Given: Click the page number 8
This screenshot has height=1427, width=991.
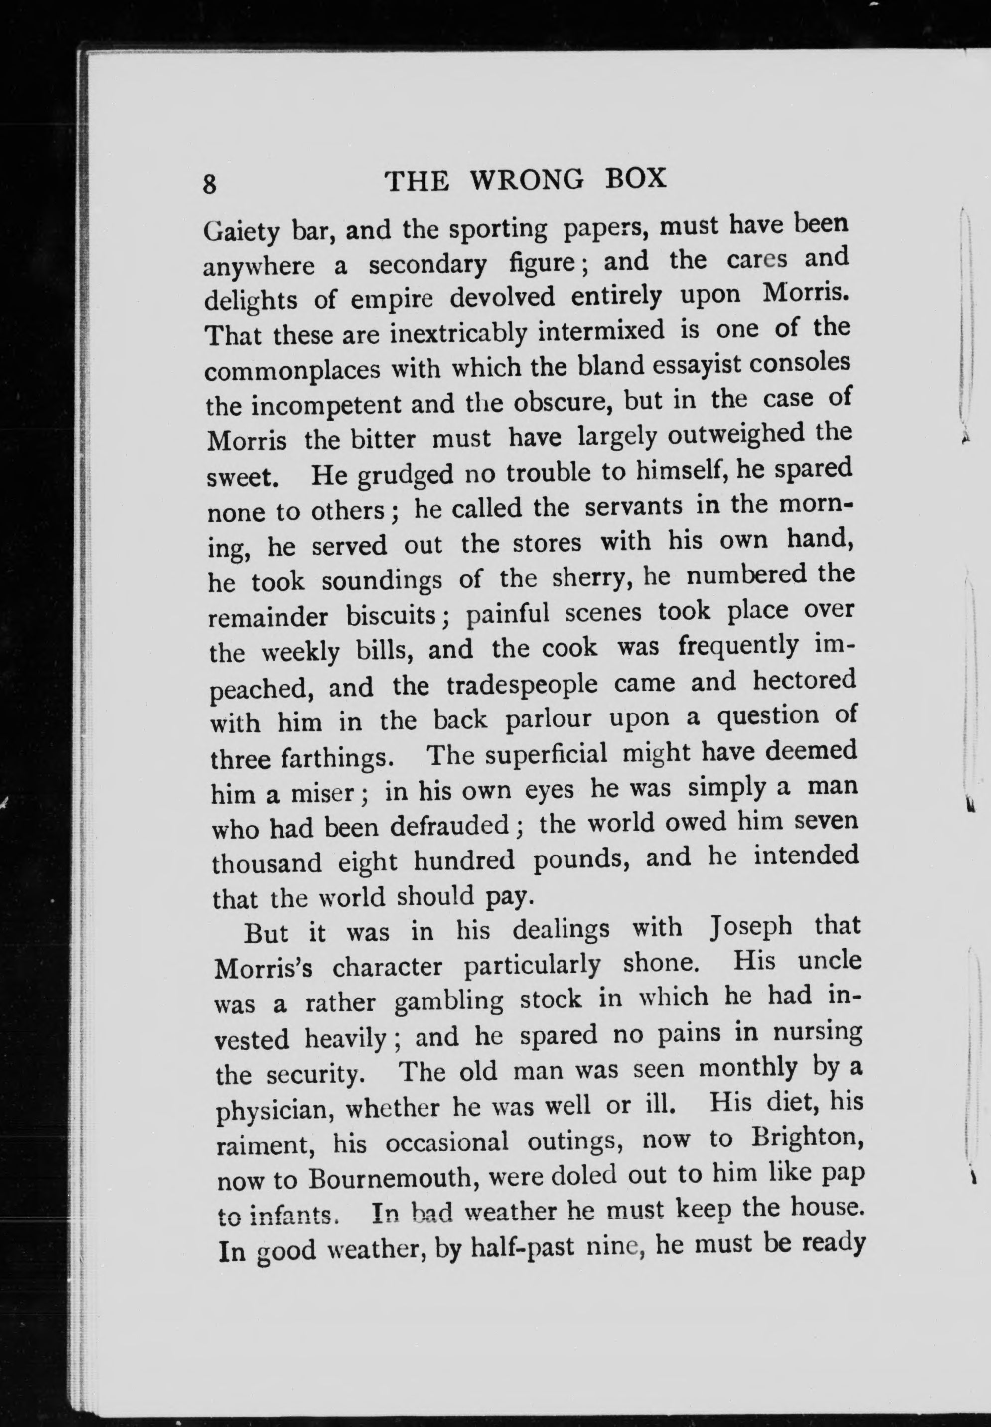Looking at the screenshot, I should [x=210, y=184].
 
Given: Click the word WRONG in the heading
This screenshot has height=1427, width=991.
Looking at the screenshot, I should [x=527, y=180].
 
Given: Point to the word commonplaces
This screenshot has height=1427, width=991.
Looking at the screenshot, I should [x=292, y=371].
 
